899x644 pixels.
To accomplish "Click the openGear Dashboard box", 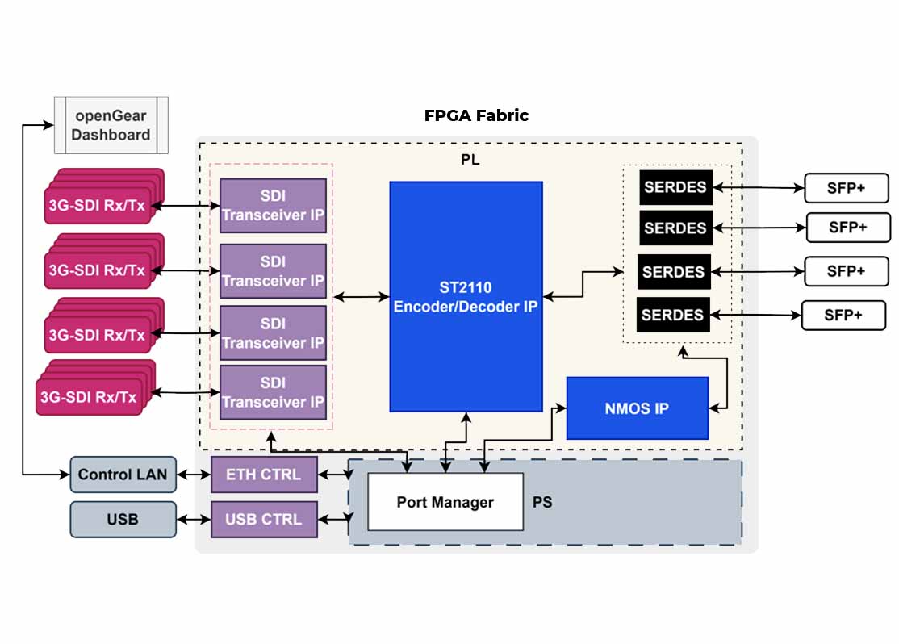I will [x=111, y=125].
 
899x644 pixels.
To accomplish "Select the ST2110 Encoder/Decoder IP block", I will [x=466, y=296].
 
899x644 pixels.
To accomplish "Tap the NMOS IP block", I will [x=637, y=408].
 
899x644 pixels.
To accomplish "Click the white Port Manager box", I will [x=445, y=502].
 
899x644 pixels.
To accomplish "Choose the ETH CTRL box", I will [x=264, y=475].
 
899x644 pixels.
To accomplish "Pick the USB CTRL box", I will [x=264, y=520].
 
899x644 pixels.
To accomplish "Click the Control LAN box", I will [x=123, y=475].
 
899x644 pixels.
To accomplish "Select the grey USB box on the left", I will [x=123, y=520].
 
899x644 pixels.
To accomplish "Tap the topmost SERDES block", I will [x=675, y=187].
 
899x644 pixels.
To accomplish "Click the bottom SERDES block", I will [x=673, y=314].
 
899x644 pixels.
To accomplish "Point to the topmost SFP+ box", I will [x=846, y=188].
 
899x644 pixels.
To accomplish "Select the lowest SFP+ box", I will [x=843, y=315].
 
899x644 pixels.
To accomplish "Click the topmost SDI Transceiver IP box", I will [x=273, y=206].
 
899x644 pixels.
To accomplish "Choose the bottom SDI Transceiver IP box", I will [x=273, y=392].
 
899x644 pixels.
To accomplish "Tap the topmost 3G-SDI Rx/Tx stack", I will [x=98, y=204].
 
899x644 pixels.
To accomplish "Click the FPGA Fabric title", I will [x=476, y=115].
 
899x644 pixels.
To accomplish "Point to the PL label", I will [x=470, y=160].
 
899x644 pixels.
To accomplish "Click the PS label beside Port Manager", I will [x=542, y=502].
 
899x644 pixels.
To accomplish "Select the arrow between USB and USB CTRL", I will [x=194, y=520].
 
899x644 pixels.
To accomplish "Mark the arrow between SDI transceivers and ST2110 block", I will [x=361, y=297].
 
